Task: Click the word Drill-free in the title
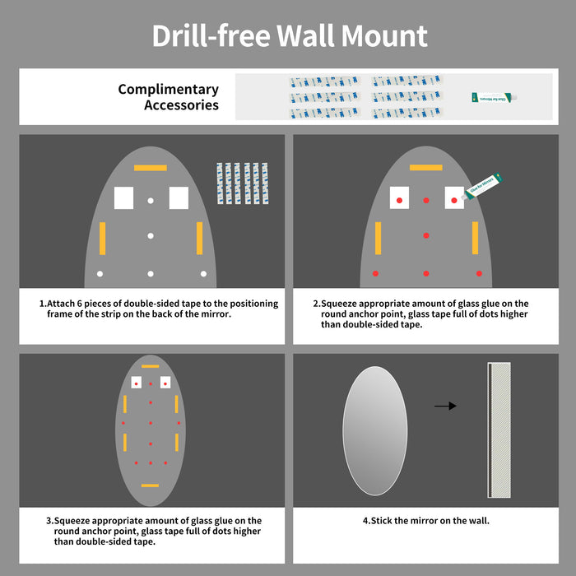211,36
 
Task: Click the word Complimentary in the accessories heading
168,90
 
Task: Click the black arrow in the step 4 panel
445,406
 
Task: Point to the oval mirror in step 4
374,430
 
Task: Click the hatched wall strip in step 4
499,430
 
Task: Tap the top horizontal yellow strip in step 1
151,168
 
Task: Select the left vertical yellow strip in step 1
103,238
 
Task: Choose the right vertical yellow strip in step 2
475,238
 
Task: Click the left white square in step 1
123,198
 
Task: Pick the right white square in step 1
179,198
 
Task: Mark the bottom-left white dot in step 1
100,273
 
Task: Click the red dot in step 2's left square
399,200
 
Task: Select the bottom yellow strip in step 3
151,485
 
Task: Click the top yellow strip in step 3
151,365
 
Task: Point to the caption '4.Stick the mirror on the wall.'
426,520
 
